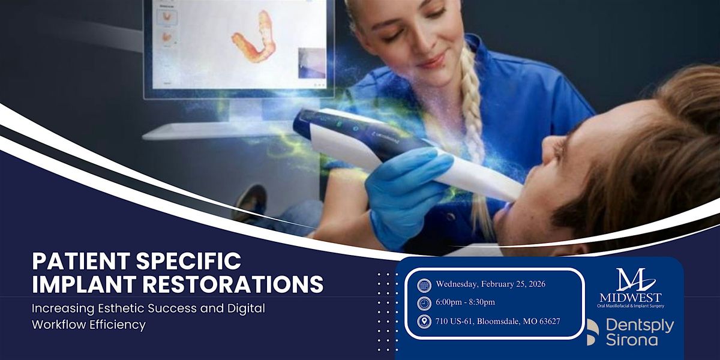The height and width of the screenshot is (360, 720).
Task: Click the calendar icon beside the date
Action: [x=424, y=285]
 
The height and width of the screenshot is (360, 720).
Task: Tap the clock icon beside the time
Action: [x=424, y=303]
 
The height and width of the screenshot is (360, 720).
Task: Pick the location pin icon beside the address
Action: [x=424, y=321]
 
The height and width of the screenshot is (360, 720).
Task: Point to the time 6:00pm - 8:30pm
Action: [x=466, y=302]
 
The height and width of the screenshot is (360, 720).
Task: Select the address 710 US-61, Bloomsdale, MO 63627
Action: [x=498, y=321]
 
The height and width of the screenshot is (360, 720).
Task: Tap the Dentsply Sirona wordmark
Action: [x=639, y=332]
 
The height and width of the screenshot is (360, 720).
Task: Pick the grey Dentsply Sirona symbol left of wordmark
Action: [x=592, y=332]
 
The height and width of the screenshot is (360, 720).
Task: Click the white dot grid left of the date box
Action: [x=388, y=312]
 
